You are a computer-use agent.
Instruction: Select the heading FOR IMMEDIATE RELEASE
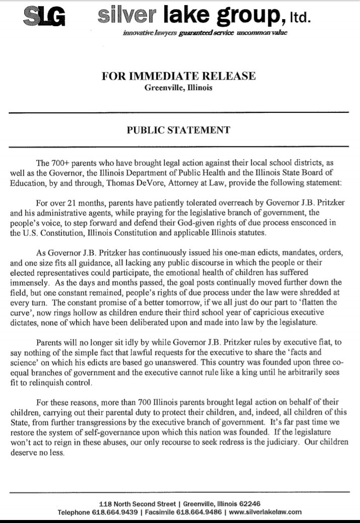click(x=179, y=76)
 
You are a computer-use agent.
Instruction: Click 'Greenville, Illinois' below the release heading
click(x=179, y=89)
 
